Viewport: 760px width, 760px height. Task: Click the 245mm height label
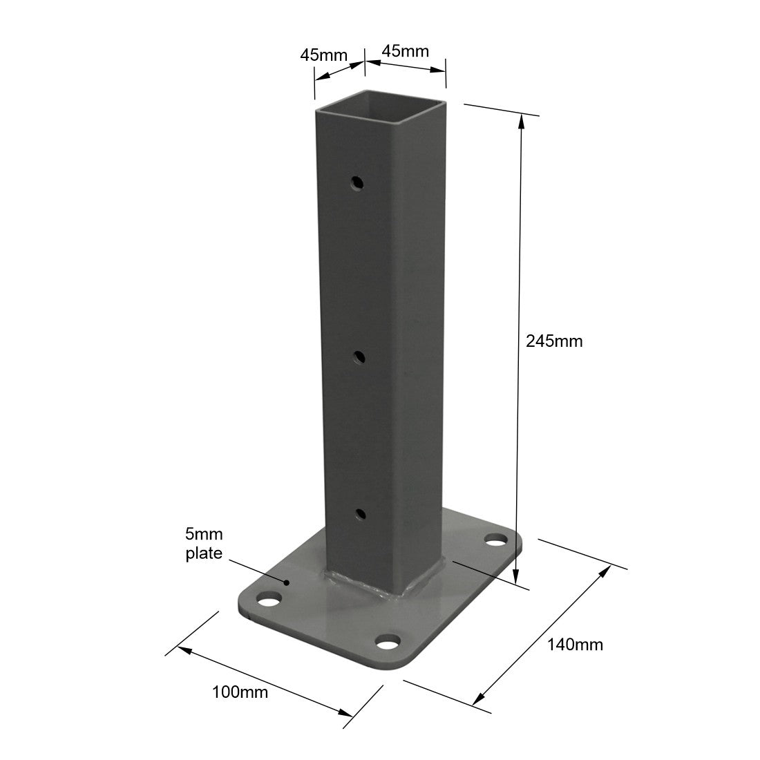(554, 341)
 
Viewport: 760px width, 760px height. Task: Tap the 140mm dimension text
(576, 645)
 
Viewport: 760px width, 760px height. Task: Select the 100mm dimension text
(240, 692)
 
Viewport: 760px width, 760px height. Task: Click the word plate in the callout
(204, 553)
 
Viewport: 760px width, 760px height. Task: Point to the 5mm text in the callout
(204, 534)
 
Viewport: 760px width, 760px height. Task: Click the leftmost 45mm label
(324, 55)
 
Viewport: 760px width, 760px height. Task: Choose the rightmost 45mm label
(405, 51)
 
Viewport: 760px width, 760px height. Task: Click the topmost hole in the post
(358, 182)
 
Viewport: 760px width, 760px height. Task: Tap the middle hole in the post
(359, 358)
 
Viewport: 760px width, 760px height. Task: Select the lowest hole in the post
(361, 514)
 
